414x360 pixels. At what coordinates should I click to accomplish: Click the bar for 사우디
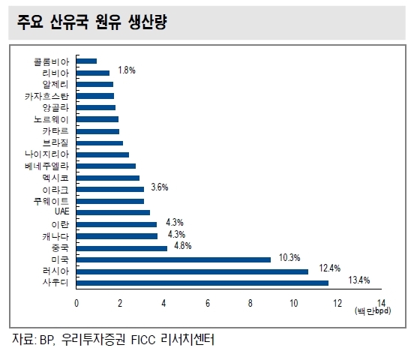(202, 283)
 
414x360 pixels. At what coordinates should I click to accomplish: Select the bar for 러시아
(192, 271)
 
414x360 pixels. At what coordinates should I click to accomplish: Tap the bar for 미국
(173, 260)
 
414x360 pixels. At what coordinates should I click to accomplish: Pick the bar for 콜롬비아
(86, 61)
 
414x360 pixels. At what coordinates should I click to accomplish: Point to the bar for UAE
(113, 212)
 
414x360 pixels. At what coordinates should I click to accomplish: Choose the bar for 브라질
(100, 143)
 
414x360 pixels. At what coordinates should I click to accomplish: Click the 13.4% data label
(359, 280)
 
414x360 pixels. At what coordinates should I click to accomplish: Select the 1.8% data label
(127, 70)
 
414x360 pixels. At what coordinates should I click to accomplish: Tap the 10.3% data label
(289, 257)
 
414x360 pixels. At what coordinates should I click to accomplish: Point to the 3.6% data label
(160, 187)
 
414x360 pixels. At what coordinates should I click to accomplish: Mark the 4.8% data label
(183, 246)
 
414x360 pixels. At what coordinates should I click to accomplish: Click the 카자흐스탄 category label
(46, 96)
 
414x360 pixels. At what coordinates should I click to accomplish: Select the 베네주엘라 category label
(46, 166)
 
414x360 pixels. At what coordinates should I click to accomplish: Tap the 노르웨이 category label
(51, 119)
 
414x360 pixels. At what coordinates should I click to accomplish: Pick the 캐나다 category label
(55, 236)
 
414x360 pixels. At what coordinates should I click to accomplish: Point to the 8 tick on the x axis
(250, 304)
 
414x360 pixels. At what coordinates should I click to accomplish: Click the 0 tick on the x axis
(76, 304)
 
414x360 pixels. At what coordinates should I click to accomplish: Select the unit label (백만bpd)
(373, 310)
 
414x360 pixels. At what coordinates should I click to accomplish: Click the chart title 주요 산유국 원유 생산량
(92, 22)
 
